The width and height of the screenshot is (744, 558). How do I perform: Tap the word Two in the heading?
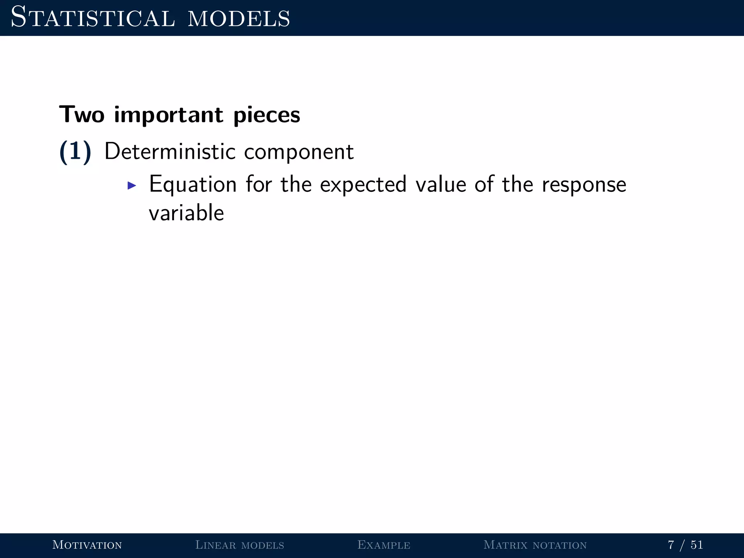(82, 115)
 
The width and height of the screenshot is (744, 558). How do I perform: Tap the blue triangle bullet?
(132, 186)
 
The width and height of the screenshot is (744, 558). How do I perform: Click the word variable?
(186, 213)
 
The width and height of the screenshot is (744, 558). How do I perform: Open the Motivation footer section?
(87, 545)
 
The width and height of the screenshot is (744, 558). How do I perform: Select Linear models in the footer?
(239, 545)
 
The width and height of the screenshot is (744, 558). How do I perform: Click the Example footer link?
(384, 545)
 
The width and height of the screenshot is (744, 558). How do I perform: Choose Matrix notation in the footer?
(535, 545)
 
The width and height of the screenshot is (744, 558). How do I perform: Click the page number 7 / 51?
(685, 545)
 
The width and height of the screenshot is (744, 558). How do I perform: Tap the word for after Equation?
(259, 184)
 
